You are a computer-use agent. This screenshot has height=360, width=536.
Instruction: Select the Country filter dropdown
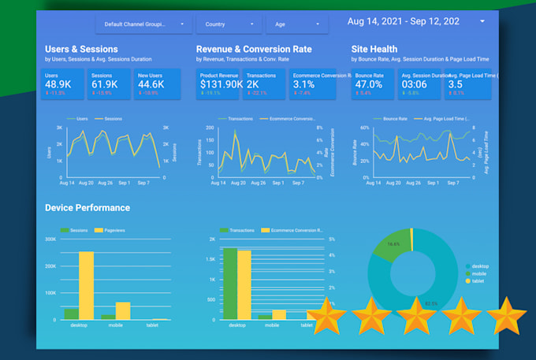[229, 24]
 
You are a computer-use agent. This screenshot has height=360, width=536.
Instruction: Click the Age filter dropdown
[296, 24]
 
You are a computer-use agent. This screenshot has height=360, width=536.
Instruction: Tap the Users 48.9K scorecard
[64, 84]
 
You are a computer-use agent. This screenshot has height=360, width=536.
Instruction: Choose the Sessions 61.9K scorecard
[110, 84]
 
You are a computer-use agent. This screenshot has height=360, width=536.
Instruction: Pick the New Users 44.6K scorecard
[157, 84]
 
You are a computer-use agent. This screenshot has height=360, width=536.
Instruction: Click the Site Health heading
[374, 49]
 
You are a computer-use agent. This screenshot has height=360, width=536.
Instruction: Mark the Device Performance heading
[87, 208]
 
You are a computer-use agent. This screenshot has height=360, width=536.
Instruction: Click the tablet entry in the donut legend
[478, 280]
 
